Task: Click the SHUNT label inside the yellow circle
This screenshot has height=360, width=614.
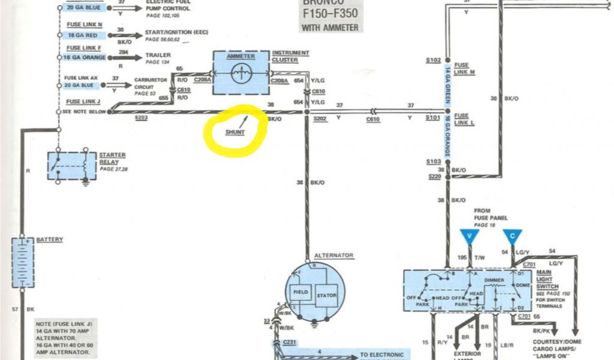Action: [236, 131]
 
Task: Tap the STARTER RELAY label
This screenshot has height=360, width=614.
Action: [112, 158]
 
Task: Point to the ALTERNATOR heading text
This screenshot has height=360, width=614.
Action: [335, 255]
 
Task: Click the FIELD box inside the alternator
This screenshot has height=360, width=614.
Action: [300, 292]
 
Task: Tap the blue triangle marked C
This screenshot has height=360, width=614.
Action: [512, 236]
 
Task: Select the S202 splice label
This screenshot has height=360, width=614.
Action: [320, 119]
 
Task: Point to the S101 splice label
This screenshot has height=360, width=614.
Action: [432, 118]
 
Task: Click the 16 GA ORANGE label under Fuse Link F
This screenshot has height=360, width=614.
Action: [85, 58]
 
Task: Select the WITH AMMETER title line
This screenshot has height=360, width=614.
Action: [330, 28]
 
